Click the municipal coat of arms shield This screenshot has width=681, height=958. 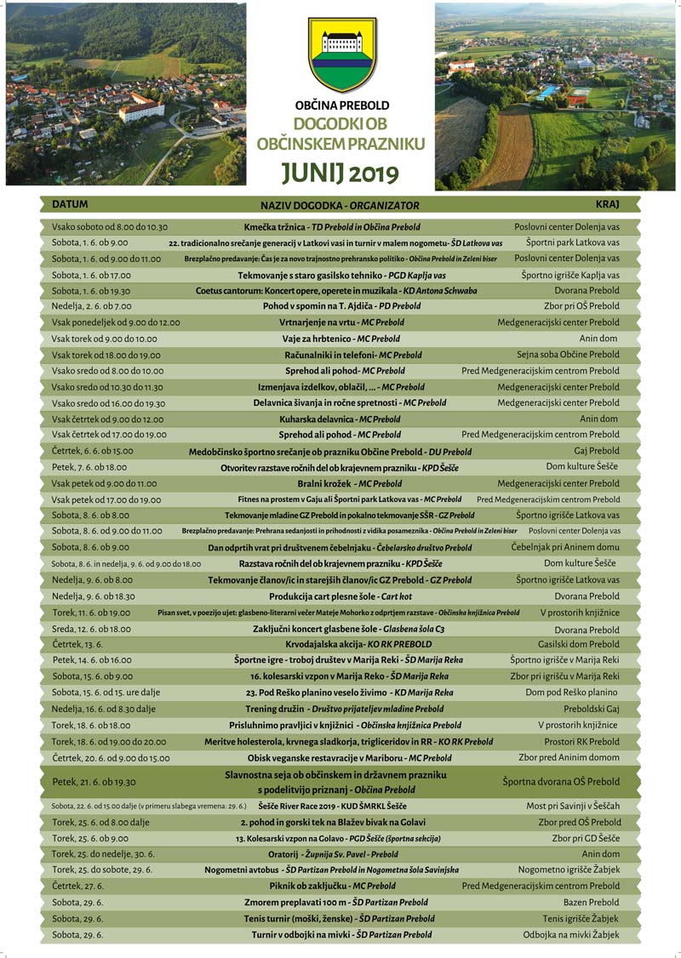click(342, 54)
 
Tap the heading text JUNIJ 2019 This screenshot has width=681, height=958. click(341, 173)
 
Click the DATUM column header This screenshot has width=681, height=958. click(70, 205)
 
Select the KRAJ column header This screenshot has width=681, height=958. click(607, 205)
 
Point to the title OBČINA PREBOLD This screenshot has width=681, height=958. click(341, 105)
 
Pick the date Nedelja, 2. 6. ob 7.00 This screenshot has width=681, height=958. click(92, 306)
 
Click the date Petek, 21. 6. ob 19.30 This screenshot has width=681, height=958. click(94, 781)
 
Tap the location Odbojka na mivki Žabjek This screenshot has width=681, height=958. click(571, 935)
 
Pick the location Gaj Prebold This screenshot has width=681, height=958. click(597, 451)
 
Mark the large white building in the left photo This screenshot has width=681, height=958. click(140, 108)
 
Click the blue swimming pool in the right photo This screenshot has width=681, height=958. click(549, 92)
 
